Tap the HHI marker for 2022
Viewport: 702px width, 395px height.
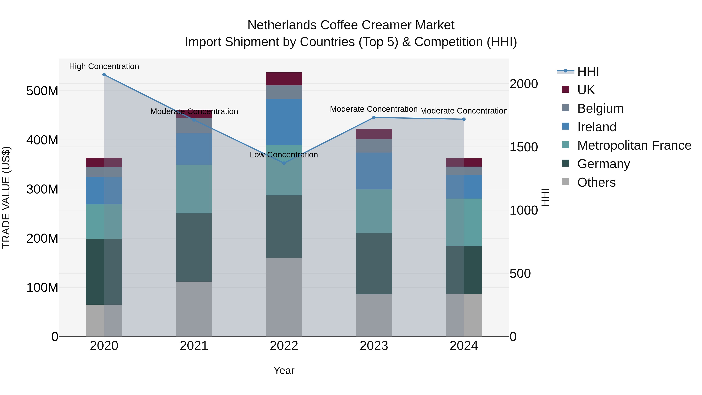pos(284,163)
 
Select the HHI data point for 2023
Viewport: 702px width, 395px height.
pos(374,117)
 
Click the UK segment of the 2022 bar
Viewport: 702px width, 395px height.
pos(284,79)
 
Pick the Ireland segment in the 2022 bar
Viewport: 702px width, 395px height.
pos(284,122)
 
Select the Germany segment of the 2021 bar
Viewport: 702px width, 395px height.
pos(194,247)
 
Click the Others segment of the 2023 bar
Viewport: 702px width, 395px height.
pos(374,315)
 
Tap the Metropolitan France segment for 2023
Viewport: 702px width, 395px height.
pos(374,211)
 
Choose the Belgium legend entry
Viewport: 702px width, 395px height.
pos(600,108)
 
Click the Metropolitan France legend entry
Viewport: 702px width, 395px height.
pos(634,146)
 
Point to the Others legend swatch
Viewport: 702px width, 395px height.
pos(565,182)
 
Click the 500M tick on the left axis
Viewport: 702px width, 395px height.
pos(42,91)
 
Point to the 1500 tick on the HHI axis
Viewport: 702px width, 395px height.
pos(524,147)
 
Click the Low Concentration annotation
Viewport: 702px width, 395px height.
pos(284,155)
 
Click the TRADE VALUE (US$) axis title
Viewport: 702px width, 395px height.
pos(6,197)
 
